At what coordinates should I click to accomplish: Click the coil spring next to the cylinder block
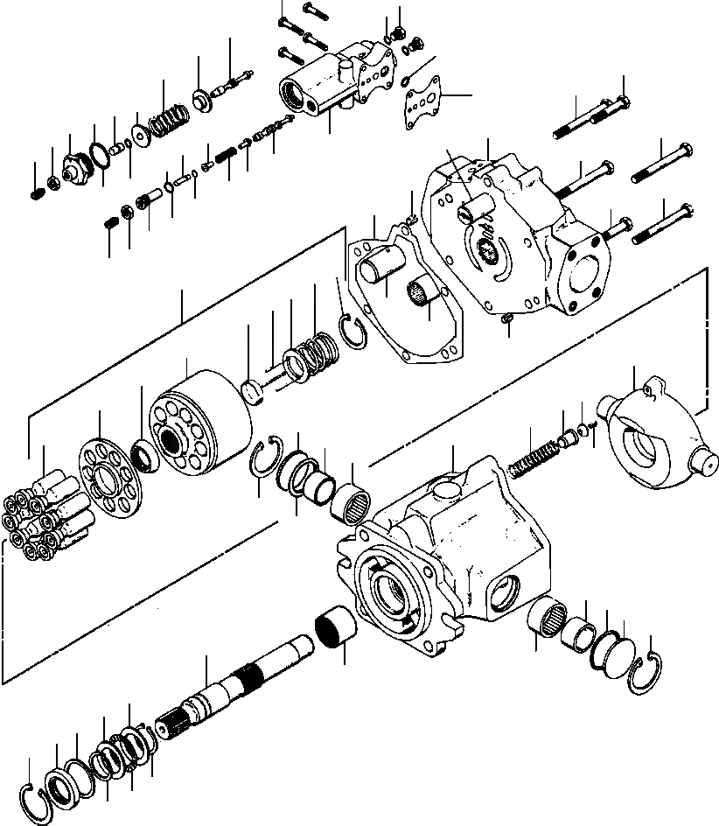tap(316, 351)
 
